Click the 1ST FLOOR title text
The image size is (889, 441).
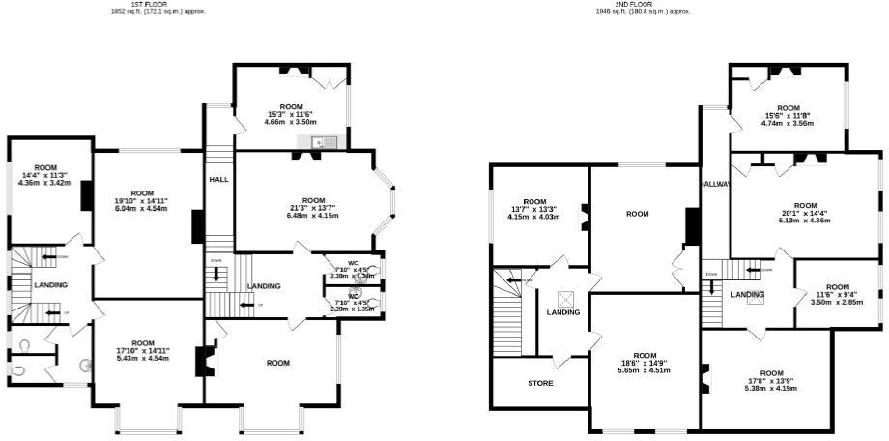point(158,4)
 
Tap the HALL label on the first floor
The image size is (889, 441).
point(217,179)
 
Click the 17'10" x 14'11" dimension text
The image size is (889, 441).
point(143,351)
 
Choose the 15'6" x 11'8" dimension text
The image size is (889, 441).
point(789,116)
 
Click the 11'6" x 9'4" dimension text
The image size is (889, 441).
point(837,295)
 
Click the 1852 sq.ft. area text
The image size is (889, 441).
point(158,12)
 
